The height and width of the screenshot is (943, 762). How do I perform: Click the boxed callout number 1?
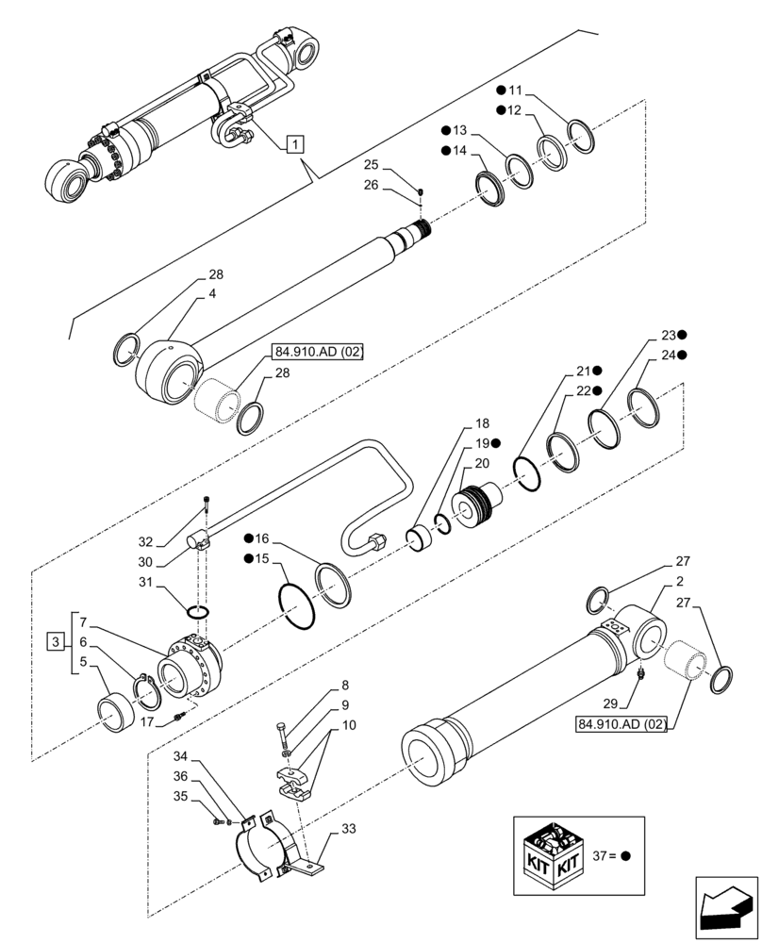click(x=295, y=144)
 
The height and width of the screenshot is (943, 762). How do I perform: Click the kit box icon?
click(x=556, y=856)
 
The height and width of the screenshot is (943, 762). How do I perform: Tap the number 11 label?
click(x=514, y=91)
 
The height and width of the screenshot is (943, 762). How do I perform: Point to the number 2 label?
click(x=680, y=582)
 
